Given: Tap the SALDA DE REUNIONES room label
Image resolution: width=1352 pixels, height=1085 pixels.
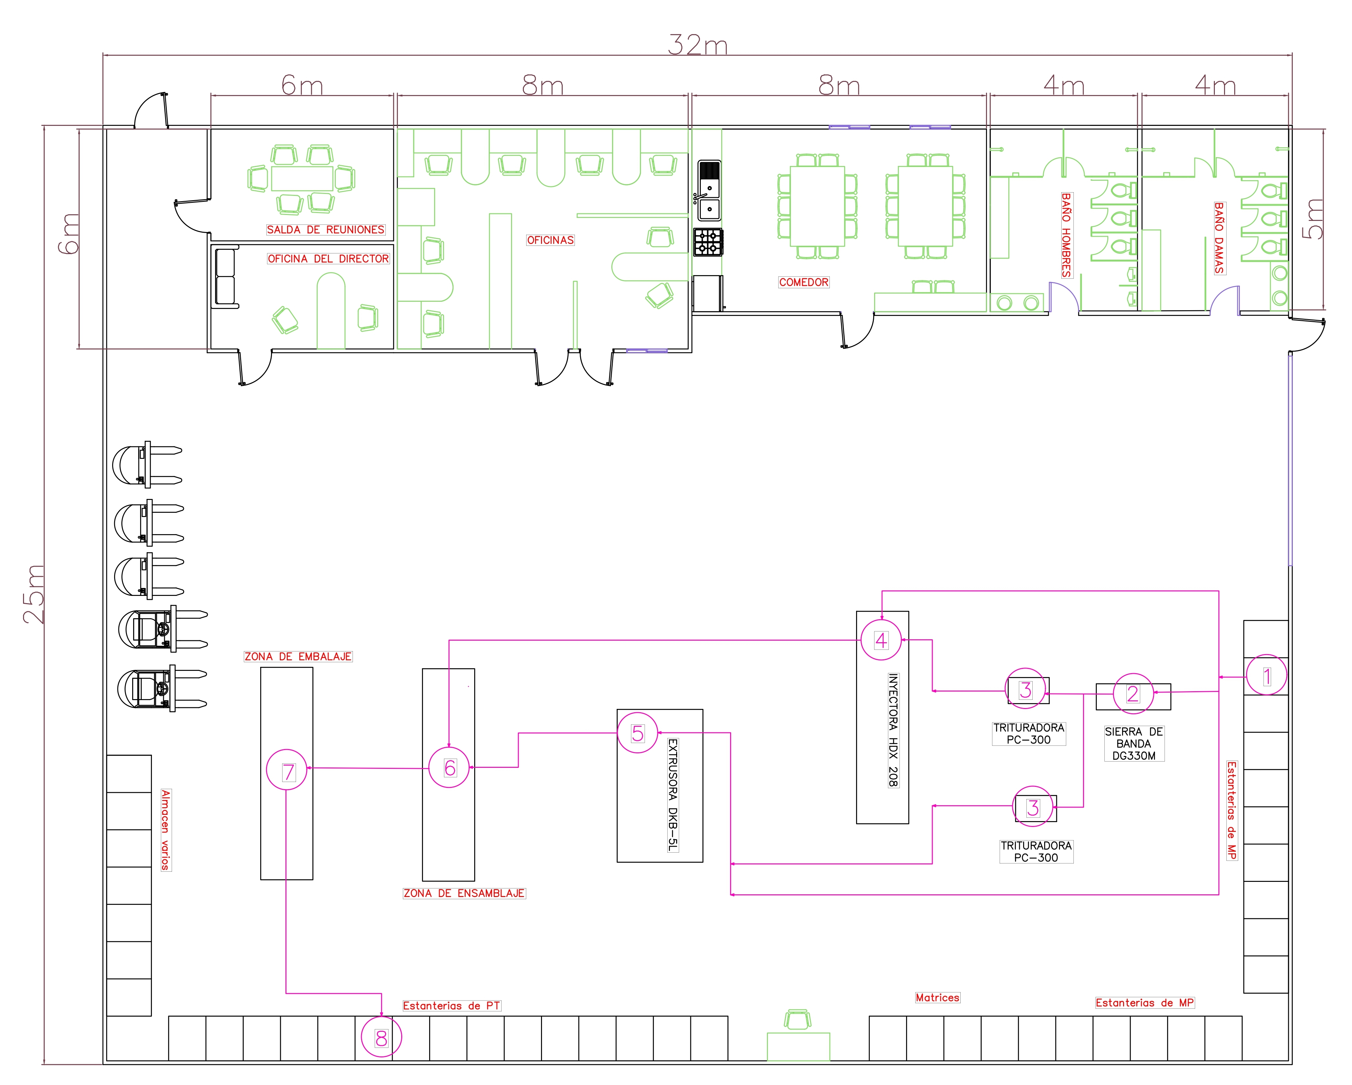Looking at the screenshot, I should pos(326,230).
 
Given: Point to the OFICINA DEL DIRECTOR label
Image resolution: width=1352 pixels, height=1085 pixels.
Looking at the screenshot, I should pos(328,259).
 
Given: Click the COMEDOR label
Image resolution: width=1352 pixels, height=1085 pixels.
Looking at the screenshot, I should pos(803,283).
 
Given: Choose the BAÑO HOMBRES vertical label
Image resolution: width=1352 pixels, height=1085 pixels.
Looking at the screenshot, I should pos(1066,235).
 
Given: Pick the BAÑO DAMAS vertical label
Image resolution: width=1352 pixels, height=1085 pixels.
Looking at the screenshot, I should pos(1218,238).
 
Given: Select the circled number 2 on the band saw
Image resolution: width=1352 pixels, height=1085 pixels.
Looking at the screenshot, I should pos(1133,694).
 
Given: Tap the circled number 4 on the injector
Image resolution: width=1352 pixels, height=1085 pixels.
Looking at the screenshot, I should pos(880,640).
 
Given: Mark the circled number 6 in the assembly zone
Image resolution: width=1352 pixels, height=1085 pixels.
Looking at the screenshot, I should pos(449,768).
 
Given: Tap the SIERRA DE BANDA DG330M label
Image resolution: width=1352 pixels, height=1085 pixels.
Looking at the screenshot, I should pos(1133,743).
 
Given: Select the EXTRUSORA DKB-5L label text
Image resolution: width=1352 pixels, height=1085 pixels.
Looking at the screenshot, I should pos(672,795).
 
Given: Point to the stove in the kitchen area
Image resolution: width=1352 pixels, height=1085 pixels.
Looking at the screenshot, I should pos(708,242).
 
